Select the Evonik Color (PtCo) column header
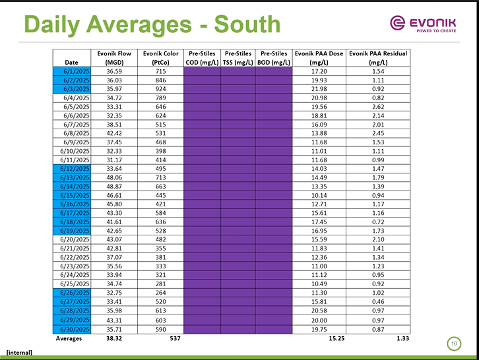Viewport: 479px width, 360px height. tap(161, 57)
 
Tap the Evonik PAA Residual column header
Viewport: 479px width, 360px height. tap(378, 57)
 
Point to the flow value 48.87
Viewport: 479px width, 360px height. tap(114, 187)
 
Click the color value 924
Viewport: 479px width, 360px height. tap(160, 88)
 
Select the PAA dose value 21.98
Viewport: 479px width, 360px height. tap(319, 88)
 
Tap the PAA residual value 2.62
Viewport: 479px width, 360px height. tap(378, 106)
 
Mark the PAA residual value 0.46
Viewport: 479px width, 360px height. tap(378, 301)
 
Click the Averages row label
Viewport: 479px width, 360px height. tap(69, 338)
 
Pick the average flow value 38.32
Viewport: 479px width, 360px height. tap(114, 338)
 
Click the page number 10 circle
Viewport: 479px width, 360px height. tap(455, 343)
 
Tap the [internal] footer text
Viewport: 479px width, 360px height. tap(19, 353)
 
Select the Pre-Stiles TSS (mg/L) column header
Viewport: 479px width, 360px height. tap(238, 57)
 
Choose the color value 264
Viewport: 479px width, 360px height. tap(160, 293)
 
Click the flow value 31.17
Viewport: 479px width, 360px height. tap(114, 160)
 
